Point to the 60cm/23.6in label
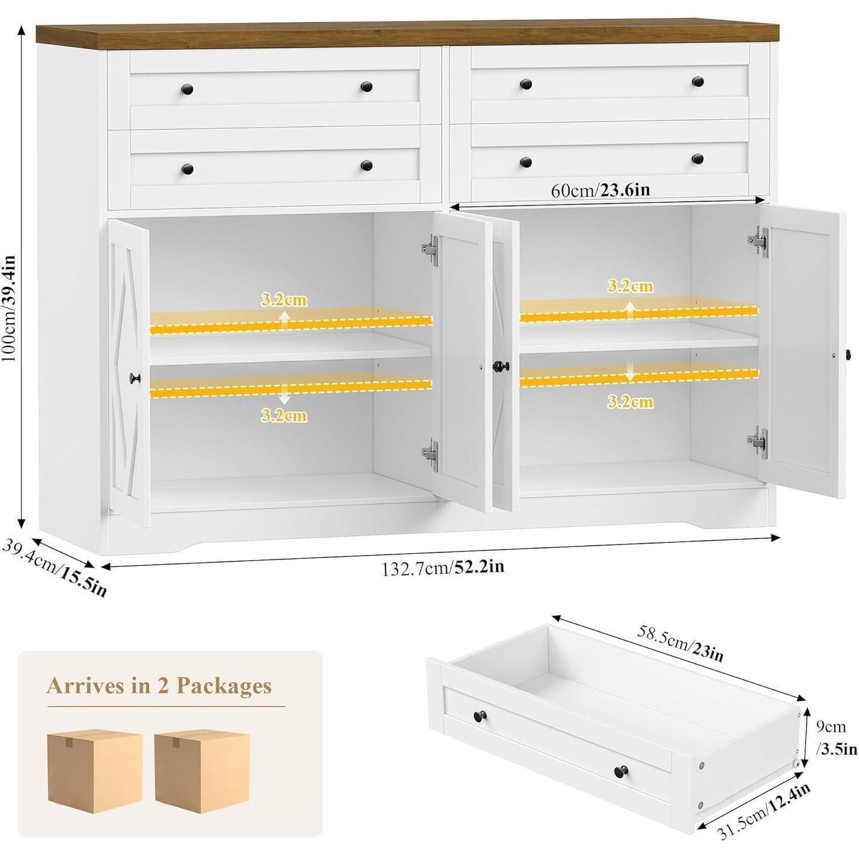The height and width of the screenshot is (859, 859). pos(600,190)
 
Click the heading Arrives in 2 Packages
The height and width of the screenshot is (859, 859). pos(159,685)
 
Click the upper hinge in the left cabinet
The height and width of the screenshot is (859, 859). pos(430,250)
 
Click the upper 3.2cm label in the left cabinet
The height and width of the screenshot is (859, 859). pos(284,300)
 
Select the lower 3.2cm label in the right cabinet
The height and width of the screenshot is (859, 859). pos(630,402)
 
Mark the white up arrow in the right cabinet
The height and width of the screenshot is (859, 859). pos(630,310)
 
